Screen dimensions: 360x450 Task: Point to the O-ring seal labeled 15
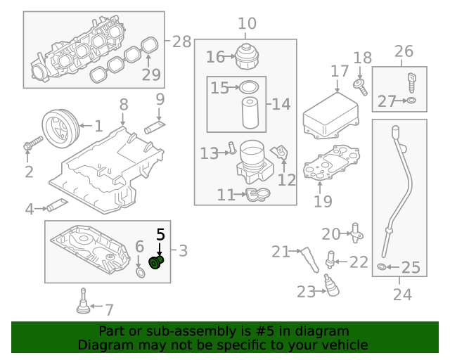tap(249, 87)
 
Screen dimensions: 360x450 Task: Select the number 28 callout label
tap(181, 41)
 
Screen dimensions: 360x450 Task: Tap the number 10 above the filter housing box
tap(247, 25)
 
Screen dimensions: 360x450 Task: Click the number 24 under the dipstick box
tap(401, 295)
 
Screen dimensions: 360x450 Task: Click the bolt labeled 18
tap(361, 86)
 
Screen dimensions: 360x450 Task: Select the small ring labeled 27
tap(411, 102)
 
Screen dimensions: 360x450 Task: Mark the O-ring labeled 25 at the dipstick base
tap(382, 267)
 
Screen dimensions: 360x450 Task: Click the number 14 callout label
tap(281, 105)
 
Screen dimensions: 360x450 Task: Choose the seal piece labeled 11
tap(256, 194)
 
